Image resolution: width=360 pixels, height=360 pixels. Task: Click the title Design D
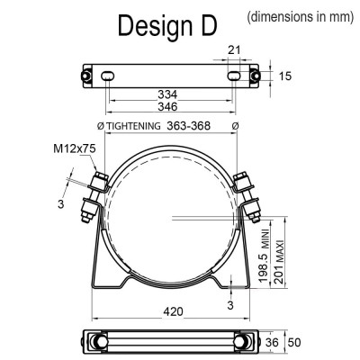[x=167, y=26]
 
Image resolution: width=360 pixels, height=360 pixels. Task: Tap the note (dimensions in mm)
[x=301, y=16]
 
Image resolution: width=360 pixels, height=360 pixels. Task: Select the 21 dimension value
[x=234, y=49]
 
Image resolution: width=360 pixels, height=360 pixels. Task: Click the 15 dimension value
[x=285, y=76]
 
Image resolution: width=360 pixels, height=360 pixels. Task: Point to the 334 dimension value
[x=167, y=94]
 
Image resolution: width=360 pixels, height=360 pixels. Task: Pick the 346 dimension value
[x=167, y=106]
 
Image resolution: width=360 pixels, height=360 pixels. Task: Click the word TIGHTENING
[x=134, y=126]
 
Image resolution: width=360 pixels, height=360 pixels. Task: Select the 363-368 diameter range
[x=188, y=126]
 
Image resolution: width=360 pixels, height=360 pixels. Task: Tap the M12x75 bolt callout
[x=75, y=148]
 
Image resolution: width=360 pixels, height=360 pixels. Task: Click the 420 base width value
[x=173, y=311]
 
